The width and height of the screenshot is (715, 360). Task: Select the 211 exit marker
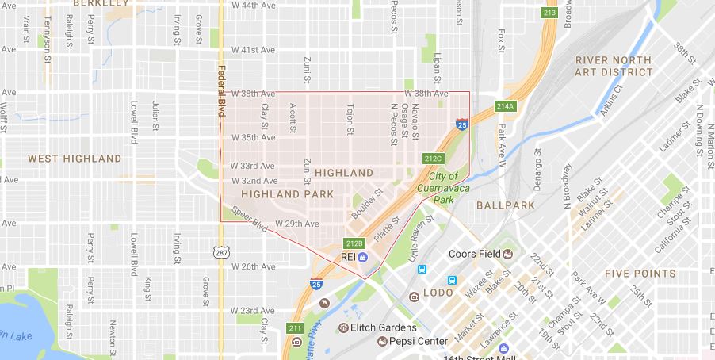pyautogui.click(x=295, y=328)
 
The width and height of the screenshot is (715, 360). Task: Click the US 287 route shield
pyautogui.click(x=220, y=251)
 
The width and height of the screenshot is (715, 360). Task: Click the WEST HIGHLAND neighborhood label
pyautogui.click(x=75, y=159)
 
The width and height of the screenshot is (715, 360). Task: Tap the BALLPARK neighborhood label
pyautogui.click(x=506, y=205)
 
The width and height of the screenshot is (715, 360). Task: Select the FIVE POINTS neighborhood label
pyautogui.click(x=640, y=274)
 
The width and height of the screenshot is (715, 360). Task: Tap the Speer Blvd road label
pyautogui.click(x=250, y=220)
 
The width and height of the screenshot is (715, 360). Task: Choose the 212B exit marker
pyautogui.click(x=354, y=243)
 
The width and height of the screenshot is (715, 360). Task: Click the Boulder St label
pyautogui.click(x=366, y=203)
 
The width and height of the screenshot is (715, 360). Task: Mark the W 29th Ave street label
pyautogui.click(x=296, y=224)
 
